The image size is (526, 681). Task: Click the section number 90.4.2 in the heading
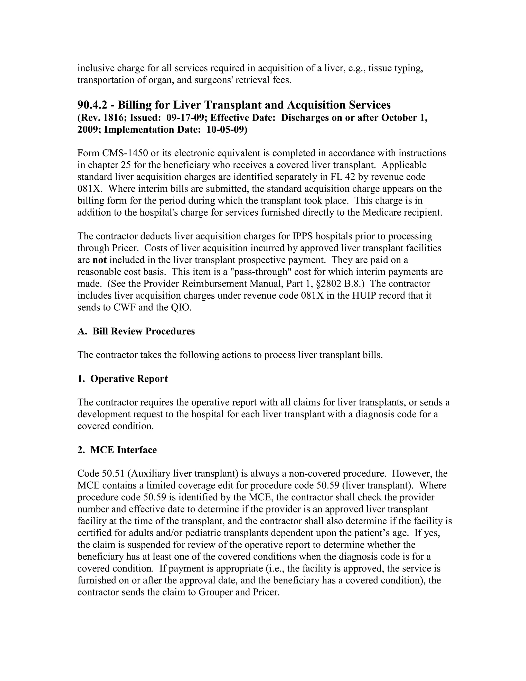[x=92, y=105]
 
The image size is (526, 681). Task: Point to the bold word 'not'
[x=99, y=260]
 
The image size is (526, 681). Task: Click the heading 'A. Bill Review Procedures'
[x=136, y=331]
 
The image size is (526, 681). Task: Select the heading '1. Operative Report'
[x=123, y=379]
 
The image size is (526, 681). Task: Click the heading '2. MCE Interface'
[x=117, y=450]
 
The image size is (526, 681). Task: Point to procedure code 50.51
[x=114, y=474]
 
